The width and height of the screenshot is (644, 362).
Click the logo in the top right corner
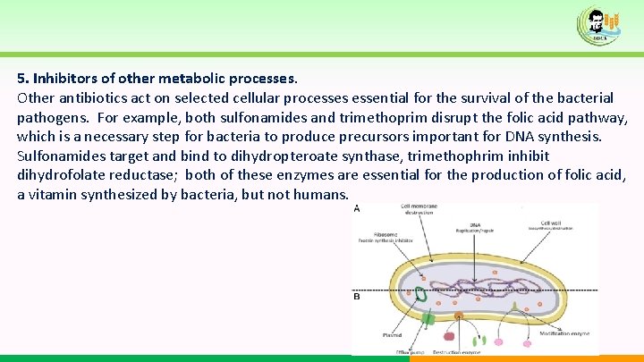[x=600, y=25]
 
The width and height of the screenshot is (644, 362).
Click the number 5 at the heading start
[x=21, y=78]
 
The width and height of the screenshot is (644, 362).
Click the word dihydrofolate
[x=62, y=175]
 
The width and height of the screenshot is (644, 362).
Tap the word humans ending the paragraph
[x=323, y=194]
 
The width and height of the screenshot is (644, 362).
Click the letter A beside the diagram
[x=357, y=209]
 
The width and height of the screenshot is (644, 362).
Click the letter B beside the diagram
[x=357, y=296]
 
